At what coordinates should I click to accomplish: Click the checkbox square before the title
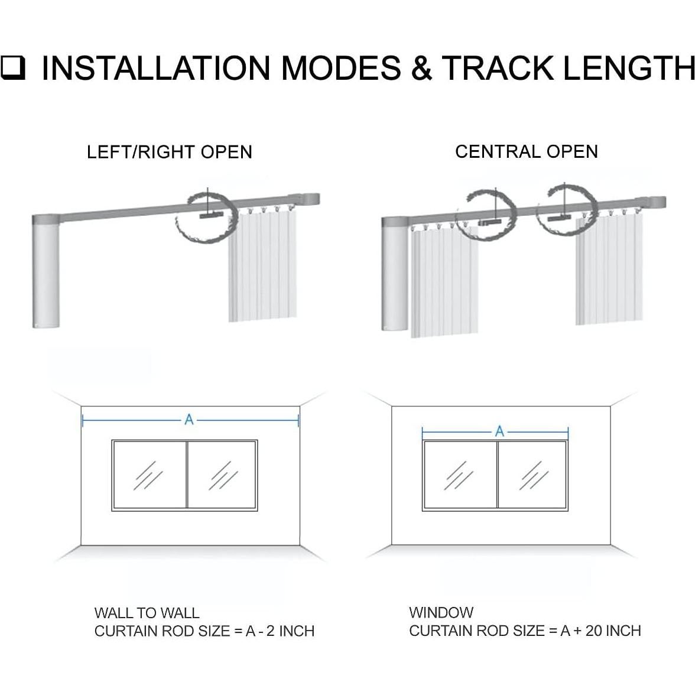(x=12, y=68)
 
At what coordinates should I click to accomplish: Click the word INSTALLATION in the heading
(x=155, y=68)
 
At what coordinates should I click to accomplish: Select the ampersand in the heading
(x=421, y=68)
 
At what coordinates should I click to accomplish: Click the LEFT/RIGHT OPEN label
(x=169, y=152)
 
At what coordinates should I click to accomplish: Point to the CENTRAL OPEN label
(x=527, y=151)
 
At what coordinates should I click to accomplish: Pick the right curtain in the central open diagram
(x=609, y=268)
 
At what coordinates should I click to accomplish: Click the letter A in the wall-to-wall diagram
(x=189, y=420)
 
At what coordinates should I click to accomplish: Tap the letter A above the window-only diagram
(x=499, y=431)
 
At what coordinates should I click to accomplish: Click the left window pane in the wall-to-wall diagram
(x=150, y=475)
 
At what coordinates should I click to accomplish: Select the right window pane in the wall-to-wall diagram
(x=222, y=475)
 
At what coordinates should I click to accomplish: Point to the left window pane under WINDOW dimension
(x=460, y=475)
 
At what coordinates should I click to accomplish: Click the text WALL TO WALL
(x=147, y=613)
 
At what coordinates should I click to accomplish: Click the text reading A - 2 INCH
(x=280, y=631)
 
